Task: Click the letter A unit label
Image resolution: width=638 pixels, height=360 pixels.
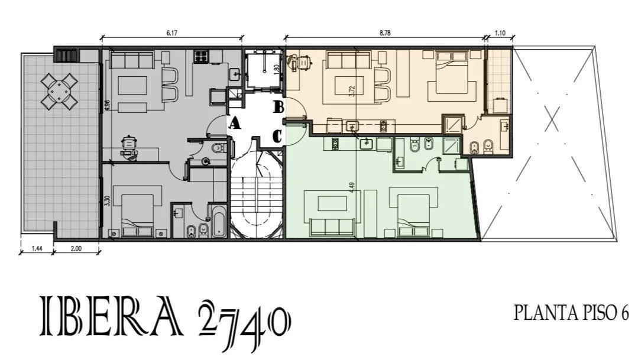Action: [x=234, y=123]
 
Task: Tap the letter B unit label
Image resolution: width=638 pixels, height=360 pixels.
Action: [x=278, y=108]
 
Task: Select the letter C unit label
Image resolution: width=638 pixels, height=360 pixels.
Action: [x=277, y=137]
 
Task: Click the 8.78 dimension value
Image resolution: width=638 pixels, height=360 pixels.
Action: [x=385, y=33]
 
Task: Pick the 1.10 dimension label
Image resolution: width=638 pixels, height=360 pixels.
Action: [x=500, y=33]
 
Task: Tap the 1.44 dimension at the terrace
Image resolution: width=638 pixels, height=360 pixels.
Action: [x=37, y=248]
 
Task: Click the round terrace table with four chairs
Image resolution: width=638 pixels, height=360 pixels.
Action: [x=59, y=91]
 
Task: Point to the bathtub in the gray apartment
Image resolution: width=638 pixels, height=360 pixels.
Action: [x=219, y=221]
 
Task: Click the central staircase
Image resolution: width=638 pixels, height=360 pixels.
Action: [x=257, y=195]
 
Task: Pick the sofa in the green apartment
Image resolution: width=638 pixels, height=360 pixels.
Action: [x=332, y=227]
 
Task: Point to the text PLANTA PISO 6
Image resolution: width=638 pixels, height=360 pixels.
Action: [x=571, y=313]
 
